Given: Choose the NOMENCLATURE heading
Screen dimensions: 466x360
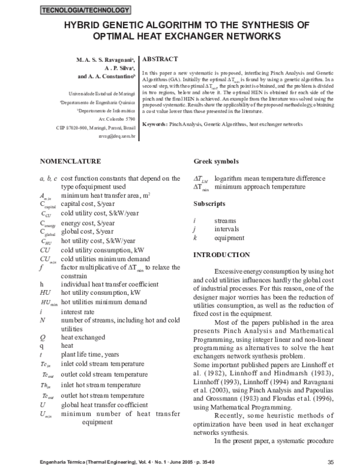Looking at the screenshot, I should (x=70, y=162).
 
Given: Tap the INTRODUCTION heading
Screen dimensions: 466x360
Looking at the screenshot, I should (x=221, y=255).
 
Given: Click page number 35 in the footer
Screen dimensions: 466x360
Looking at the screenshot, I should (x=331, y=461).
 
